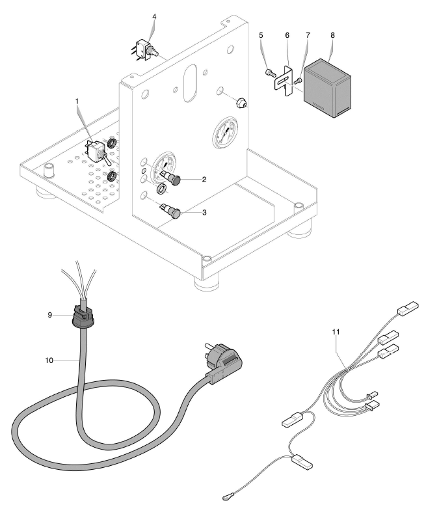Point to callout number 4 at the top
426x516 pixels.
tap(153, 16)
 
